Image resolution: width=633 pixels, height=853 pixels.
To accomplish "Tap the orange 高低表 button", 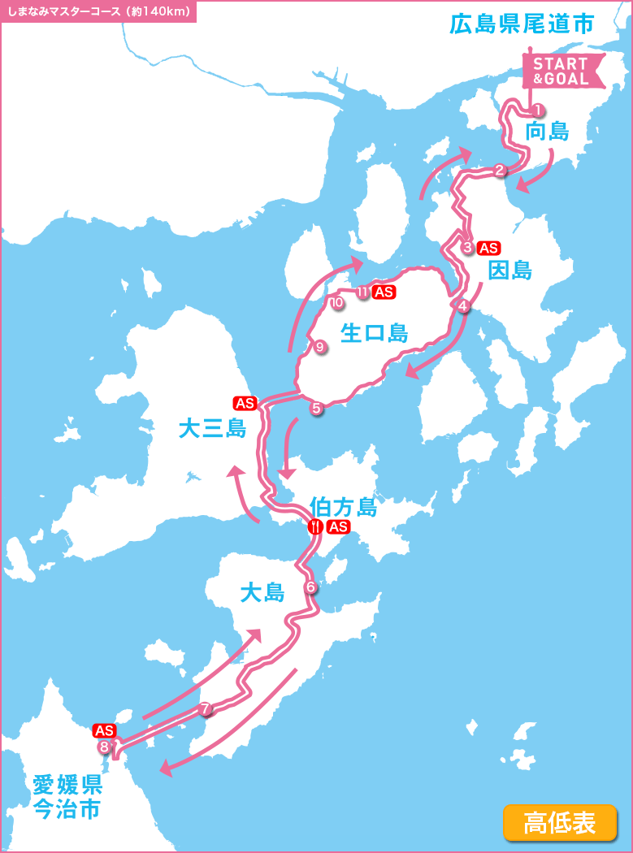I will coord(560,822).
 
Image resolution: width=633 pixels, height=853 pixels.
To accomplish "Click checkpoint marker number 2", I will coord(500,170).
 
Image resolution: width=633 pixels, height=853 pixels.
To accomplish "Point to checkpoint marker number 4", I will coord(463,306).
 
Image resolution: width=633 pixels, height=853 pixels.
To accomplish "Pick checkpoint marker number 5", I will coord(316,408).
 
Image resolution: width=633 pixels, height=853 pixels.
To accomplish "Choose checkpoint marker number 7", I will coord(206,709).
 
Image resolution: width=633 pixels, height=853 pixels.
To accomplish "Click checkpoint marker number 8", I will coord(104,747).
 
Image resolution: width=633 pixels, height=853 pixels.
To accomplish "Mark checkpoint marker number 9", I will coord(319,347).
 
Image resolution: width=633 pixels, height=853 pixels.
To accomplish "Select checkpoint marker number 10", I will coord(336,303).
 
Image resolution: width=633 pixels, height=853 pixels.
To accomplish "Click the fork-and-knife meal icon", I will coord(315,526).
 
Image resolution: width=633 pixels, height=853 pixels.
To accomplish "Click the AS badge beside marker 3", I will coord(489,248).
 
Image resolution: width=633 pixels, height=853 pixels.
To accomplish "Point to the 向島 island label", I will coord(548,132).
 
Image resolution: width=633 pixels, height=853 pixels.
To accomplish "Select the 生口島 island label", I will coord(374,333).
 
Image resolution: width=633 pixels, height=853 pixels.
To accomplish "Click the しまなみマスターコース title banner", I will coord(98,11).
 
